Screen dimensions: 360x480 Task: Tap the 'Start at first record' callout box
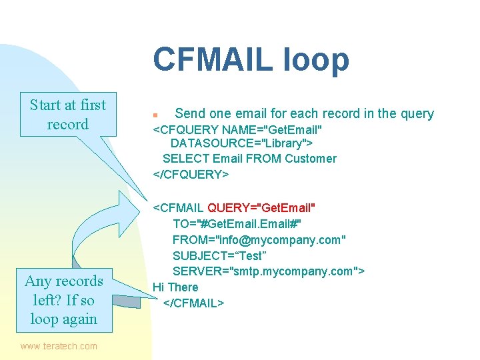click(67, 115)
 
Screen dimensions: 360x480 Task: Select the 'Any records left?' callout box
click(64, 299)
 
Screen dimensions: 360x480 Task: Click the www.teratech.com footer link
click(59, 346)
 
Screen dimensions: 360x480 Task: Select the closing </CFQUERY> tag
click(191, 174)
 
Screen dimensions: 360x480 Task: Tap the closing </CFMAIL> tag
click(194, 303)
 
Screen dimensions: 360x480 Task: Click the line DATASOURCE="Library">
click(242, 143)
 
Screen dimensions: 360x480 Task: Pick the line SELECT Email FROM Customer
click(249, 159)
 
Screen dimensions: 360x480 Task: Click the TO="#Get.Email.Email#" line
click(237, 223)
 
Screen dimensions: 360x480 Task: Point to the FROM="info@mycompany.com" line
click(259, 239)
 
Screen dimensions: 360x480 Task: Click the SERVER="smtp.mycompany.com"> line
click(268, 271)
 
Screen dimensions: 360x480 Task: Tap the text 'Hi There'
click(175, 287)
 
